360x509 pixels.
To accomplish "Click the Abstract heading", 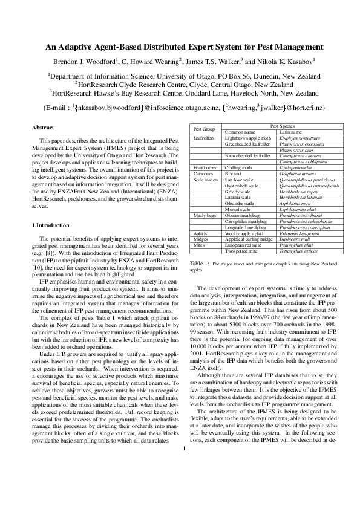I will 43,128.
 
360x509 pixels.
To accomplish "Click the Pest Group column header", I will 204,129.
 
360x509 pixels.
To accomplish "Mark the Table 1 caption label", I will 200,264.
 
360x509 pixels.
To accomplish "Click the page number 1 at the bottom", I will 183,482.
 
